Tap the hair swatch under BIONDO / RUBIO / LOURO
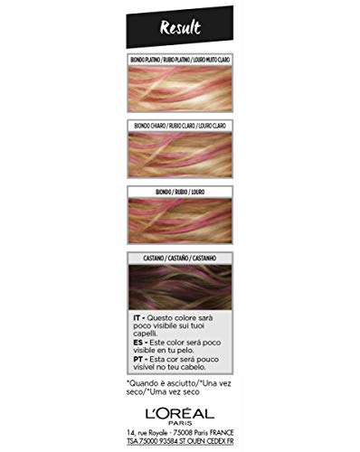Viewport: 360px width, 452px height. click(x=179, y=221)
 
